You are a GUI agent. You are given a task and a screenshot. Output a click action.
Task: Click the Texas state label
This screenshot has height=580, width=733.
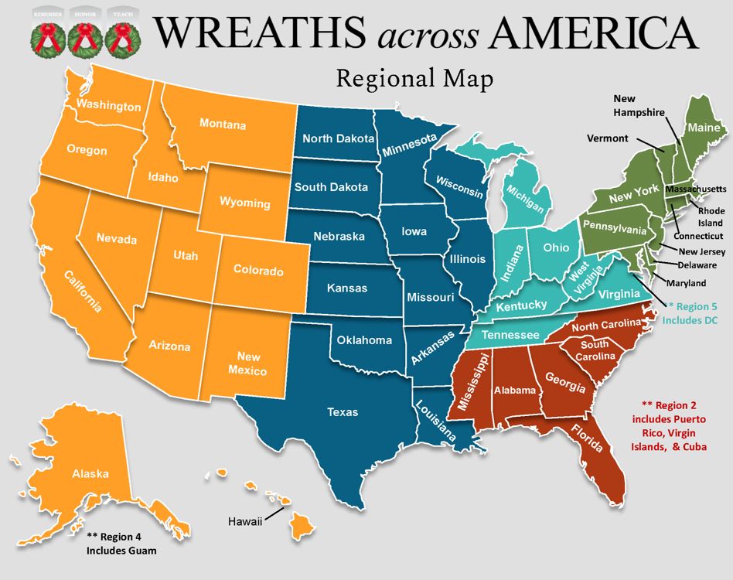[343, 412]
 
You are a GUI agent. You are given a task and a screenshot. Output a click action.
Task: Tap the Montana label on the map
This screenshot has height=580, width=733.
[223, 125]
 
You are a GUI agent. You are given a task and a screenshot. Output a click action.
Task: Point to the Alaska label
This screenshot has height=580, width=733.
[90, 474]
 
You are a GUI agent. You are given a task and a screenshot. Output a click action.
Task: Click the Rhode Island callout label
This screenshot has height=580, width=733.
[711, 216]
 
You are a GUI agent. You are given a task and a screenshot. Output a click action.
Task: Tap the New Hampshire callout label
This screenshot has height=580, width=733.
[639, 105]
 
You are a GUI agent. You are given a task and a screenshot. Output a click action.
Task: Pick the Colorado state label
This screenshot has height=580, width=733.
[259, 271]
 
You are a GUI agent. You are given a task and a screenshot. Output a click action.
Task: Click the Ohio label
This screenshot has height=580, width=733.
[556, 247]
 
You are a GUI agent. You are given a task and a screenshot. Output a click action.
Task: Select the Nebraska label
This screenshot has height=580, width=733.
[339, 237]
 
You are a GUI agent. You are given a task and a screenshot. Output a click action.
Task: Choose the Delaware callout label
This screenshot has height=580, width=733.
[697, 265]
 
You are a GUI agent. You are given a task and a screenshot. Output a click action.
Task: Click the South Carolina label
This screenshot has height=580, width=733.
[595, 350]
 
